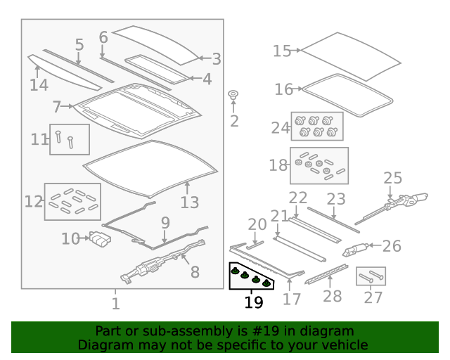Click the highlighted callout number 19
click(254, 302)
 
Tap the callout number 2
click(234, 121)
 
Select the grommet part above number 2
click(233, 95)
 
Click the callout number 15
click(282, 51)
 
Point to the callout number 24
click(281, 128)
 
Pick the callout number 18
click(278, 165)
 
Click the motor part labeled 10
click(101, 239)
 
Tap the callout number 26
click(392, 246)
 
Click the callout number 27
click(373, 297)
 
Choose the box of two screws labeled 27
click(371, 276)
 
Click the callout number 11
click(39, 139)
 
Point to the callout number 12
click(34, 202)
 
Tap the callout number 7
click(57, 107)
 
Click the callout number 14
click(39, 85)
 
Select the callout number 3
click(217, 59)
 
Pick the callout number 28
click(333, 296)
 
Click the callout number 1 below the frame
click(115, 304)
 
